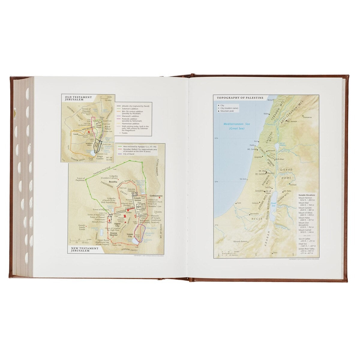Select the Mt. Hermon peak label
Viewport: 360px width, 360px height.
292,121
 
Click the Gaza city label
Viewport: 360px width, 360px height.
239,203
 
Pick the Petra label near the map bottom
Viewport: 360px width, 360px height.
275,253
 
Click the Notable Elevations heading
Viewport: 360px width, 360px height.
307,195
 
